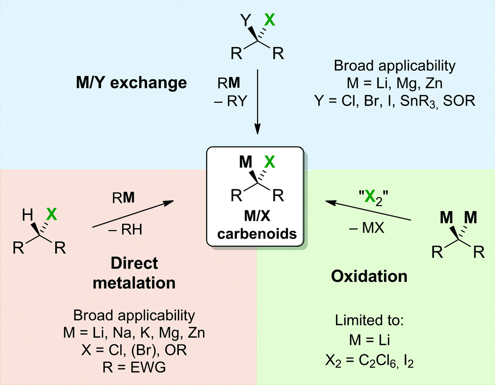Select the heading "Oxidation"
(x=369, y=276)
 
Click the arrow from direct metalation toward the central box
(x=133, y=214)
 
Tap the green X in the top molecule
(x=271, y=20)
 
